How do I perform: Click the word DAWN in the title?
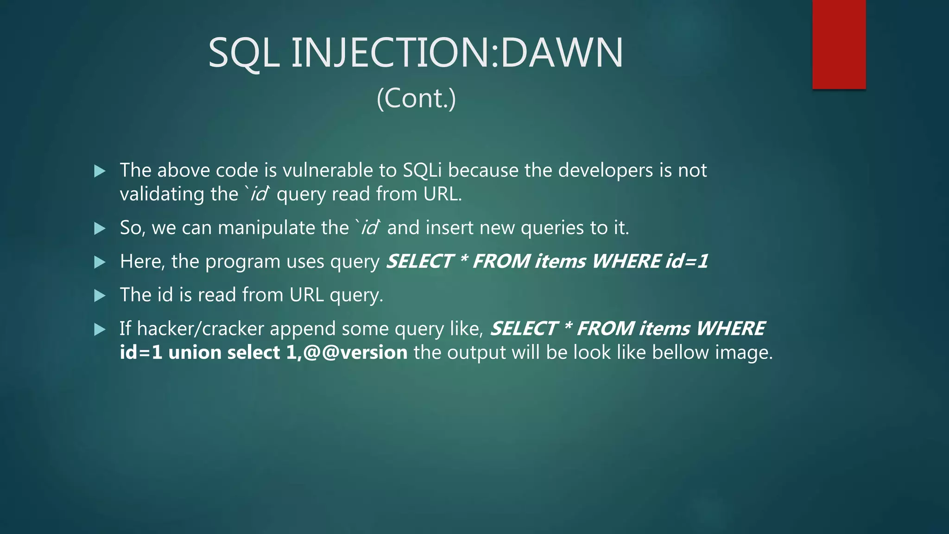(x=562, y=53)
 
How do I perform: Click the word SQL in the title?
(x=244, y=54)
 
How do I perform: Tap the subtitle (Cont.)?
(x=416, y=98)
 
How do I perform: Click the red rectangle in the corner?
(x=839, y=44)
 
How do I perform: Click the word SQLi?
(x=422, y=171)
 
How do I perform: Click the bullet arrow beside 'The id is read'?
(x=100, y=296)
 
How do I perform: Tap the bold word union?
(x=195, y=353)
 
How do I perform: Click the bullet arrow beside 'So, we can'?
(x=100, y=228)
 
